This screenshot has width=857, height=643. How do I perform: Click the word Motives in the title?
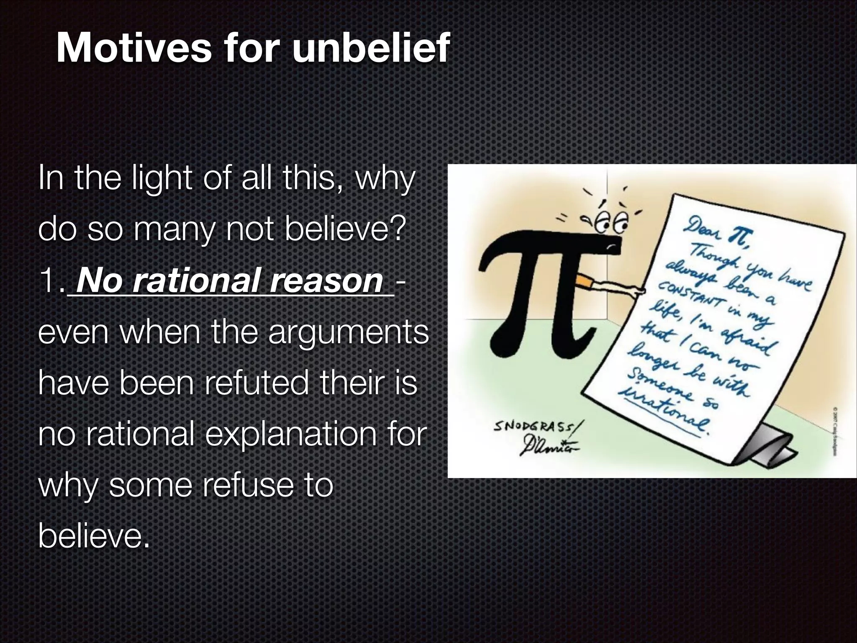[x=133, y=48]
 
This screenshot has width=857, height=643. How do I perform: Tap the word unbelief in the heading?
[x=370, y=48]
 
